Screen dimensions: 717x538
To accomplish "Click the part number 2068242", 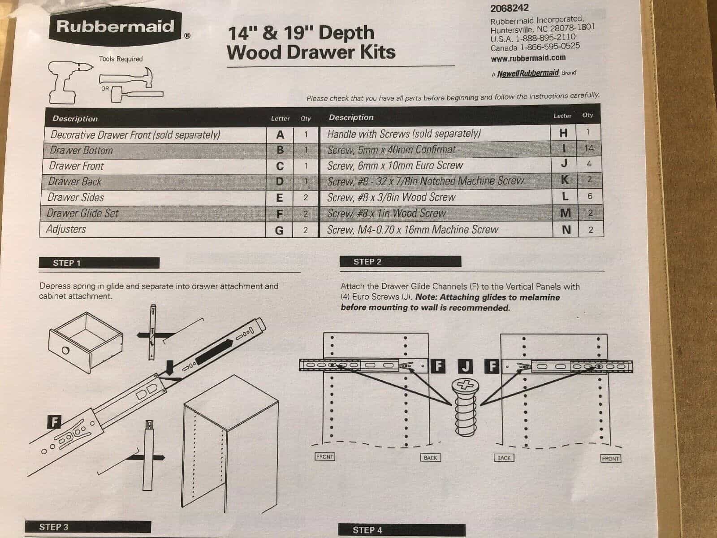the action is pos(509,8).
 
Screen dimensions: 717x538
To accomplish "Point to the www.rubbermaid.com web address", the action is pos(528,58).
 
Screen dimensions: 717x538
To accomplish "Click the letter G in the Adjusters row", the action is pos(279,230).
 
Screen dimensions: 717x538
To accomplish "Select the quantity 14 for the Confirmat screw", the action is pos(589,148).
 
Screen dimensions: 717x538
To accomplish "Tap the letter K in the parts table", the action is pos(565,180).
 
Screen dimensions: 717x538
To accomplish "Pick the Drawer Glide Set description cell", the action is pos(153,213).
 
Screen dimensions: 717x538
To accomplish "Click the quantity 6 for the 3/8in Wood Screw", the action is pos(590,196).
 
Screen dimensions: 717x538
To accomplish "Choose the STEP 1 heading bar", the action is pos(99,263).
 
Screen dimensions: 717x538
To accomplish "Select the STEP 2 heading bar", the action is pos(400,262).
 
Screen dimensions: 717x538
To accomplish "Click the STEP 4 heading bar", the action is pos(402,530).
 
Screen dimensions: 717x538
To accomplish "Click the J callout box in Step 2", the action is pos(465,366).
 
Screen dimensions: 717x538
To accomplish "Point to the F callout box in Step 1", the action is pos(54,421).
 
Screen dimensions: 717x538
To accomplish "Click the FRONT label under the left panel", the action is pos(324,457).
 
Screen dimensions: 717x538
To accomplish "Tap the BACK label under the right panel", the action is pos(504,458).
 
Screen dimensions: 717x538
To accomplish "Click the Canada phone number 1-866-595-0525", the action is pos(550,46).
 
